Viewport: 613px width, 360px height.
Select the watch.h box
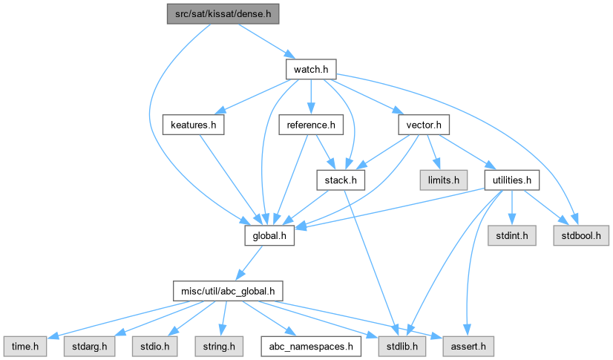[311, 69]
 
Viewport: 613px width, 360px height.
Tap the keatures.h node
[193, 125]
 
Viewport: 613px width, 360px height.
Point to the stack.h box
[341, 180]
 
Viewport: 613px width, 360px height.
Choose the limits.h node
[440, 180]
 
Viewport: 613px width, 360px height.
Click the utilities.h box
[511, 180]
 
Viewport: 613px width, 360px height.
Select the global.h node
[270, 235]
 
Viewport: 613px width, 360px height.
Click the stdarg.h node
[90, 346]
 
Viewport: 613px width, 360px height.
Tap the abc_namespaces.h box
[311, 346]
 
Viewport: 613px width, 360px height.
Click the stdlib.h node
[399, 346]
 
